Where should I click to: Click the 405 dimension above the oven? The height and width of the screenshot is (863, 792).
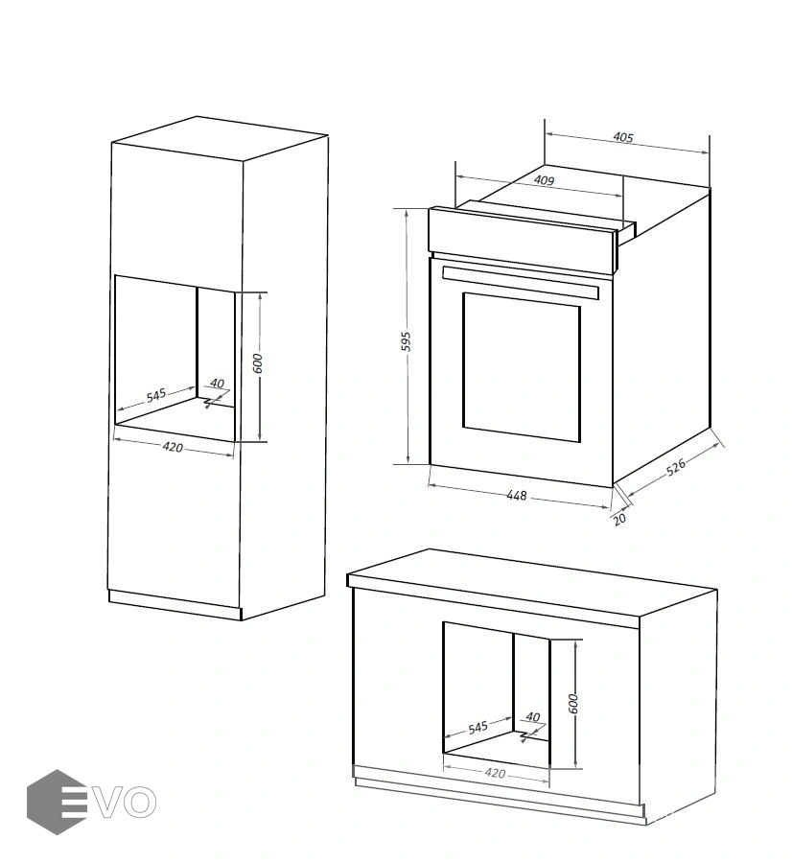623,137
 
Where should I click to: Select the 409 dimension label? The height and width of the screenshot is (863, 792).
544,180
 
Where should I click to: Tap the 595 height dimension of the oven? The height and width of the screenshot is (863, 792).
406,341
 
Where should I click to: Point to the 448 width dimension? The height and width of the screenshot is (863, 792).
516,496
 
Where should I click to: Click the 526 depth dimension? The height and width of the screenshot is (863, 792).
676,467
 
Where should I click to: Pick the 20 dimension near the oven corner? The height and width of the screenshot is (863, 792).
619,519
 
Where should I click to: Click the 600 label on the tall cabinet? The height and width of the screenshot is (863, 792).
258,363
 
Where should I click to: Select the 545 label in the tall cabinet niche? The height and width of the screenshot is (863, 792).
156,395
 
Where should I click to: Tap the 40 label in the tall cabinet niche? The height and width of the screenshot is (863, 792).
218,383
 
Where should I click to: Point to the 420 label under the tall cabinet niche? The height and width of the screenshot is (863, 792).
173,448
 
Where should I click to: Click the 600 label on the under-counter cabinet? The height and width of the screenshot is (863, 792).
573,704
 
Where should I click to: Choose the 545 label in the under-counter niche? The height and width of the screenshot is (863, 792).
478,728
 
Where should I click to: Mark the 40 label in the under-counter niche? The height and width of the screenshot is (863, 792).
533,716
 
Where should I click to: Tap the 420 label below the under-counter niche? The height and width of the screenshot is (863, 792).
495,773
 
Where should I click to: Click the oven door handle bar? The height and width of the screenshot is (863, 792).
520,282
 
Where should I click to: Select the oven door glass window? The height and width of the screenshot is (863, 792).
522,367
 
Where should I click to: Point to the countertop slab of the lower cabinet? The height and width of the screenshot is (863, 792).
531,589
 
